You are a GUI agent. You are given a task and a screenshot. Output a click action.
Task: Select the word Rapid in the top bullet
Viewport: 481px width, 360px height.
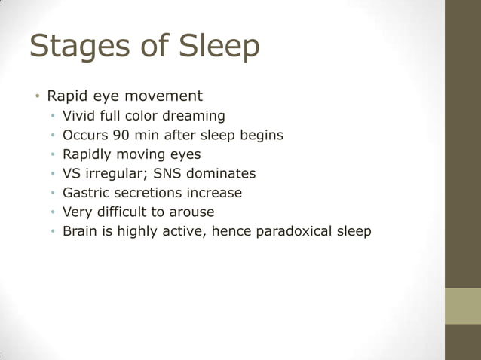tap(66, 96)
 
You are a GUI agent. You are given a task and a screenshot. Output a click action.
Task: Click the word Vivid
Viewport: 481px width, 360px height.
tap(79, 116)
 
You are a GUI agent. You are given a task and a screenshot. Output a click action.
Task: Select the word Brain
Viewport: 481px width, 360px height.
tap(81, 231)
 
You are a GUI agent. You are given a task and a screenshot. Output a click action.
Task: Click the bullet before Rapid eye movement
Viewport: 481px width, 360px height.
tap(35, 97)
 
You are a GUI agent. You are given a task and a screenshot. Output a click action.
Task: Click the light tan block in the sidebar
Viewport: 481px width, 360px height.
tap(463, 306)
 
